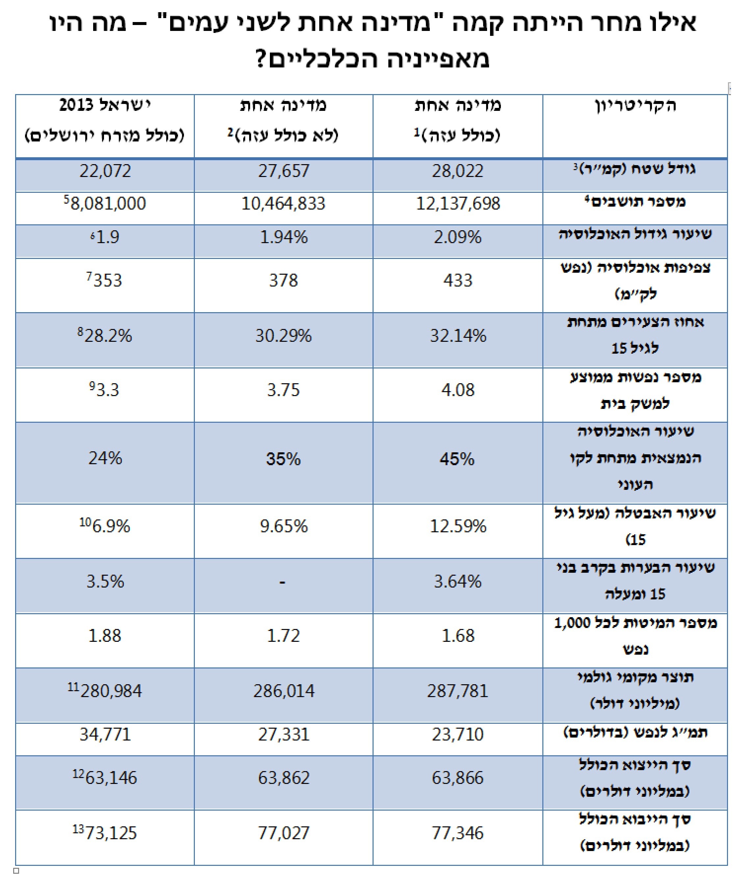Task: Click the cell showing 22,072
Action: tap(105, 171)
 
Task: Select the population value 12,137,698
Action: tap(457, 204)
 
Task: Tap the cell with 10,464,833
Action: tap(283, 204)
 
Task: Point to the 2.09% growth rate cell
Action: tap(457, 237)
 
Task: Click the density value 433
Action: tap(457, 280)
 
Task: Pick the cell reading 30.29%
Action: tap(283, 336)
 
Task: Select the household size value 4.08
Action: tap(457, 390)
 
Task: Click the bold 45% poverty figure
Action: tap(457, 459)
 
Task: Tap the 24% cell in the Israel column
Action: tap(105, 458)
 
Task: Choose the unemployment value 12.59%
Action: tap(457, 526)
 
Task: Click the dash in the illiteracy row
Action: tap(282, 583)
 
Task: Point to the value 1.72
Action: tap(283, 636)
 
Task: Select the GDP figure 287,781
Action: tap(457, 691)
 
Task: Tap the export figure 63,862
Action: tap(283, 778)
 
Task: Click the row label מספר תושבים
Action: tap(635, 202)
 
